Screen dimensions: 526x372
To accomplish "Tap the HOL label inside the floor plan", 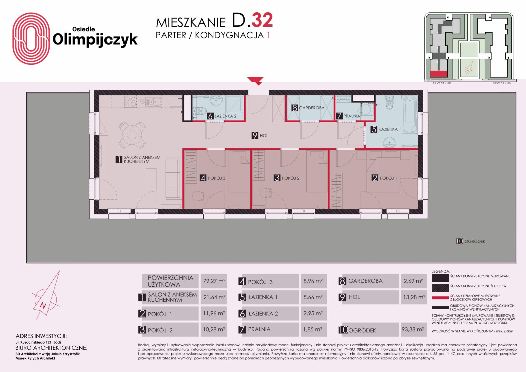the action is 264,136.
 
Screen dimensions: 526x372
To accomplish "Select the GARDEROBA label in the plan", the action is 312,108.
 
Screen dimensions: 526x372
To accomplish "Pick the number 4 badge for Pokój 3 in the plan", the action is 203,178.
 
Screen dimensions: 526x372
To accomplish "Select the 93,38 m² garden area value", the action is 413,329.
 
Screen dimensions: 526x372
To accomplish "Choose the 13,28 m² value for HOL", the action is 414,297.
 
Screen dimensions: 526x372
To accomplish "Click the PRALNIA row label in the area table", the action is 259,329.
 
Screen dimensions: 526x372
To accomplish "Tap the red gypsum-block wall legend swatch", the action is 440,298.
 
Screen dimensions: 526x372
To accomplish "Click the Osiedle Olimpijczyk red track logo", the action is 31,39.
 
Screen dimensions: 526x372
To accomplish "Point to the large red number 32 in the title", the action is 262,20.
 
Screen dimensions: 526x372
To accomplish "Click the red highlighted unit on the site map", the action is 439,74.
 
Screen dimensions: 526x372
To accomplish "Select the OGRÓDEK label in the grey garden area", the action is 475,241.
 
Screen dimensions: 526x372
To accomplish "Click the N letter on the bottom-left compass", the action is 43,305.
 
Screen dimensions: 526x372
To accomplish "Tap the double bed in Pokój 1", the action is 383,175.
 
